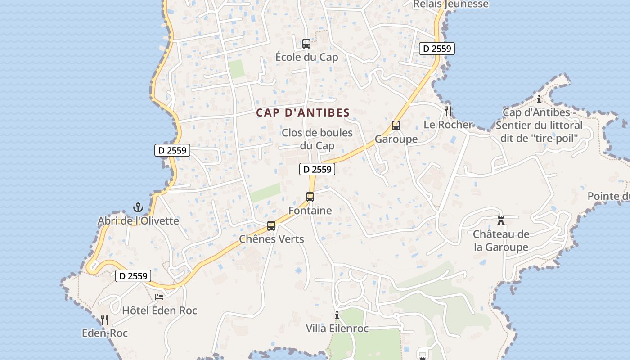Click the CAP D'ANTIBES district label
303,113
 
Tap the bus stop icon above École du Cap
306,44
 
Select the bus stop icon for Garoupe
396,126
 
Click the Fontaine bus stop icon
310,197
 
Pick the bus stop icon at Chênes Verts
271,226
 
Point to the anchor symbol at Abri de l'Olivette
138,207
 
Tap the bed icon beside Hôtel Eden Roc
159,297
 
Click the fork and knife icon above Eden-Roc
104,320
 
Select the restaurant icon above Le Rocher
448,111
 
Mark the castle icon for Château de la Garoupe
501,220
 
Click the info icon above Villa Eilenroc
337,315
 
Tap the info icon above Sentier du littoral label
539,99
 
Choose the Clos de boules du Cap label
317,139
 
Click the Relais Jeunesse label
450,4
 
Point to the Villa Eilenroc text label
337,328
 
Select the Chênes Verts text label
271,239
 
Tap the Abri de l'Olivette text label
138,221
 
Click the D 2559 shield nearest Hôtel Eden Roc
133,276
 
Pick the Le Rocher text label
448,125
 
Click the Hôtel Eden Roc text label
159,310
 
